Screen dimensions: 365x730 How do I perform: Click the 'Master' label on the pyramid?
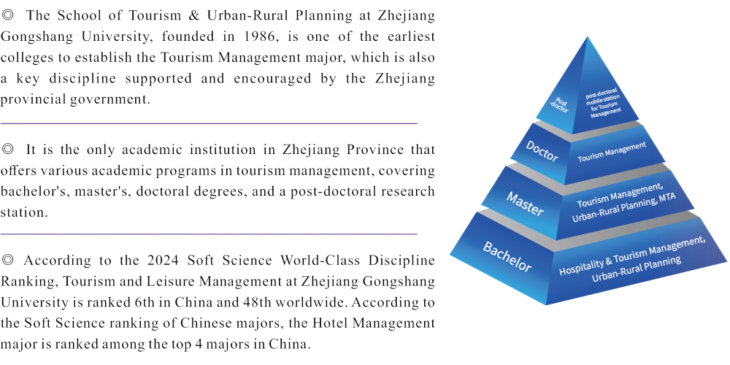tap(523, 203)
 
